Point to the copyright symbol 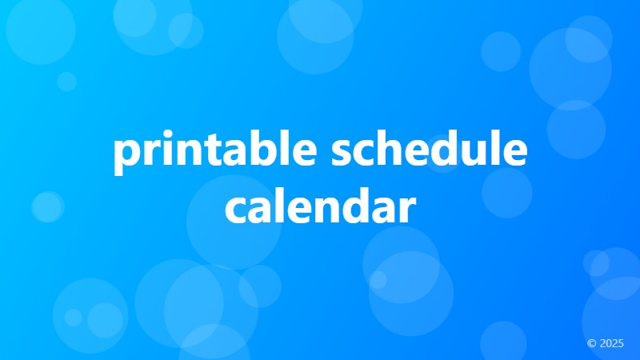click(x=591, y=343)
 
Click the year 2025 click(x=611, y=343)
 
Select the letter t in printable click(x=212, y=151)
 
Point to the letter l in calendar click(x=282, y=203)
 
